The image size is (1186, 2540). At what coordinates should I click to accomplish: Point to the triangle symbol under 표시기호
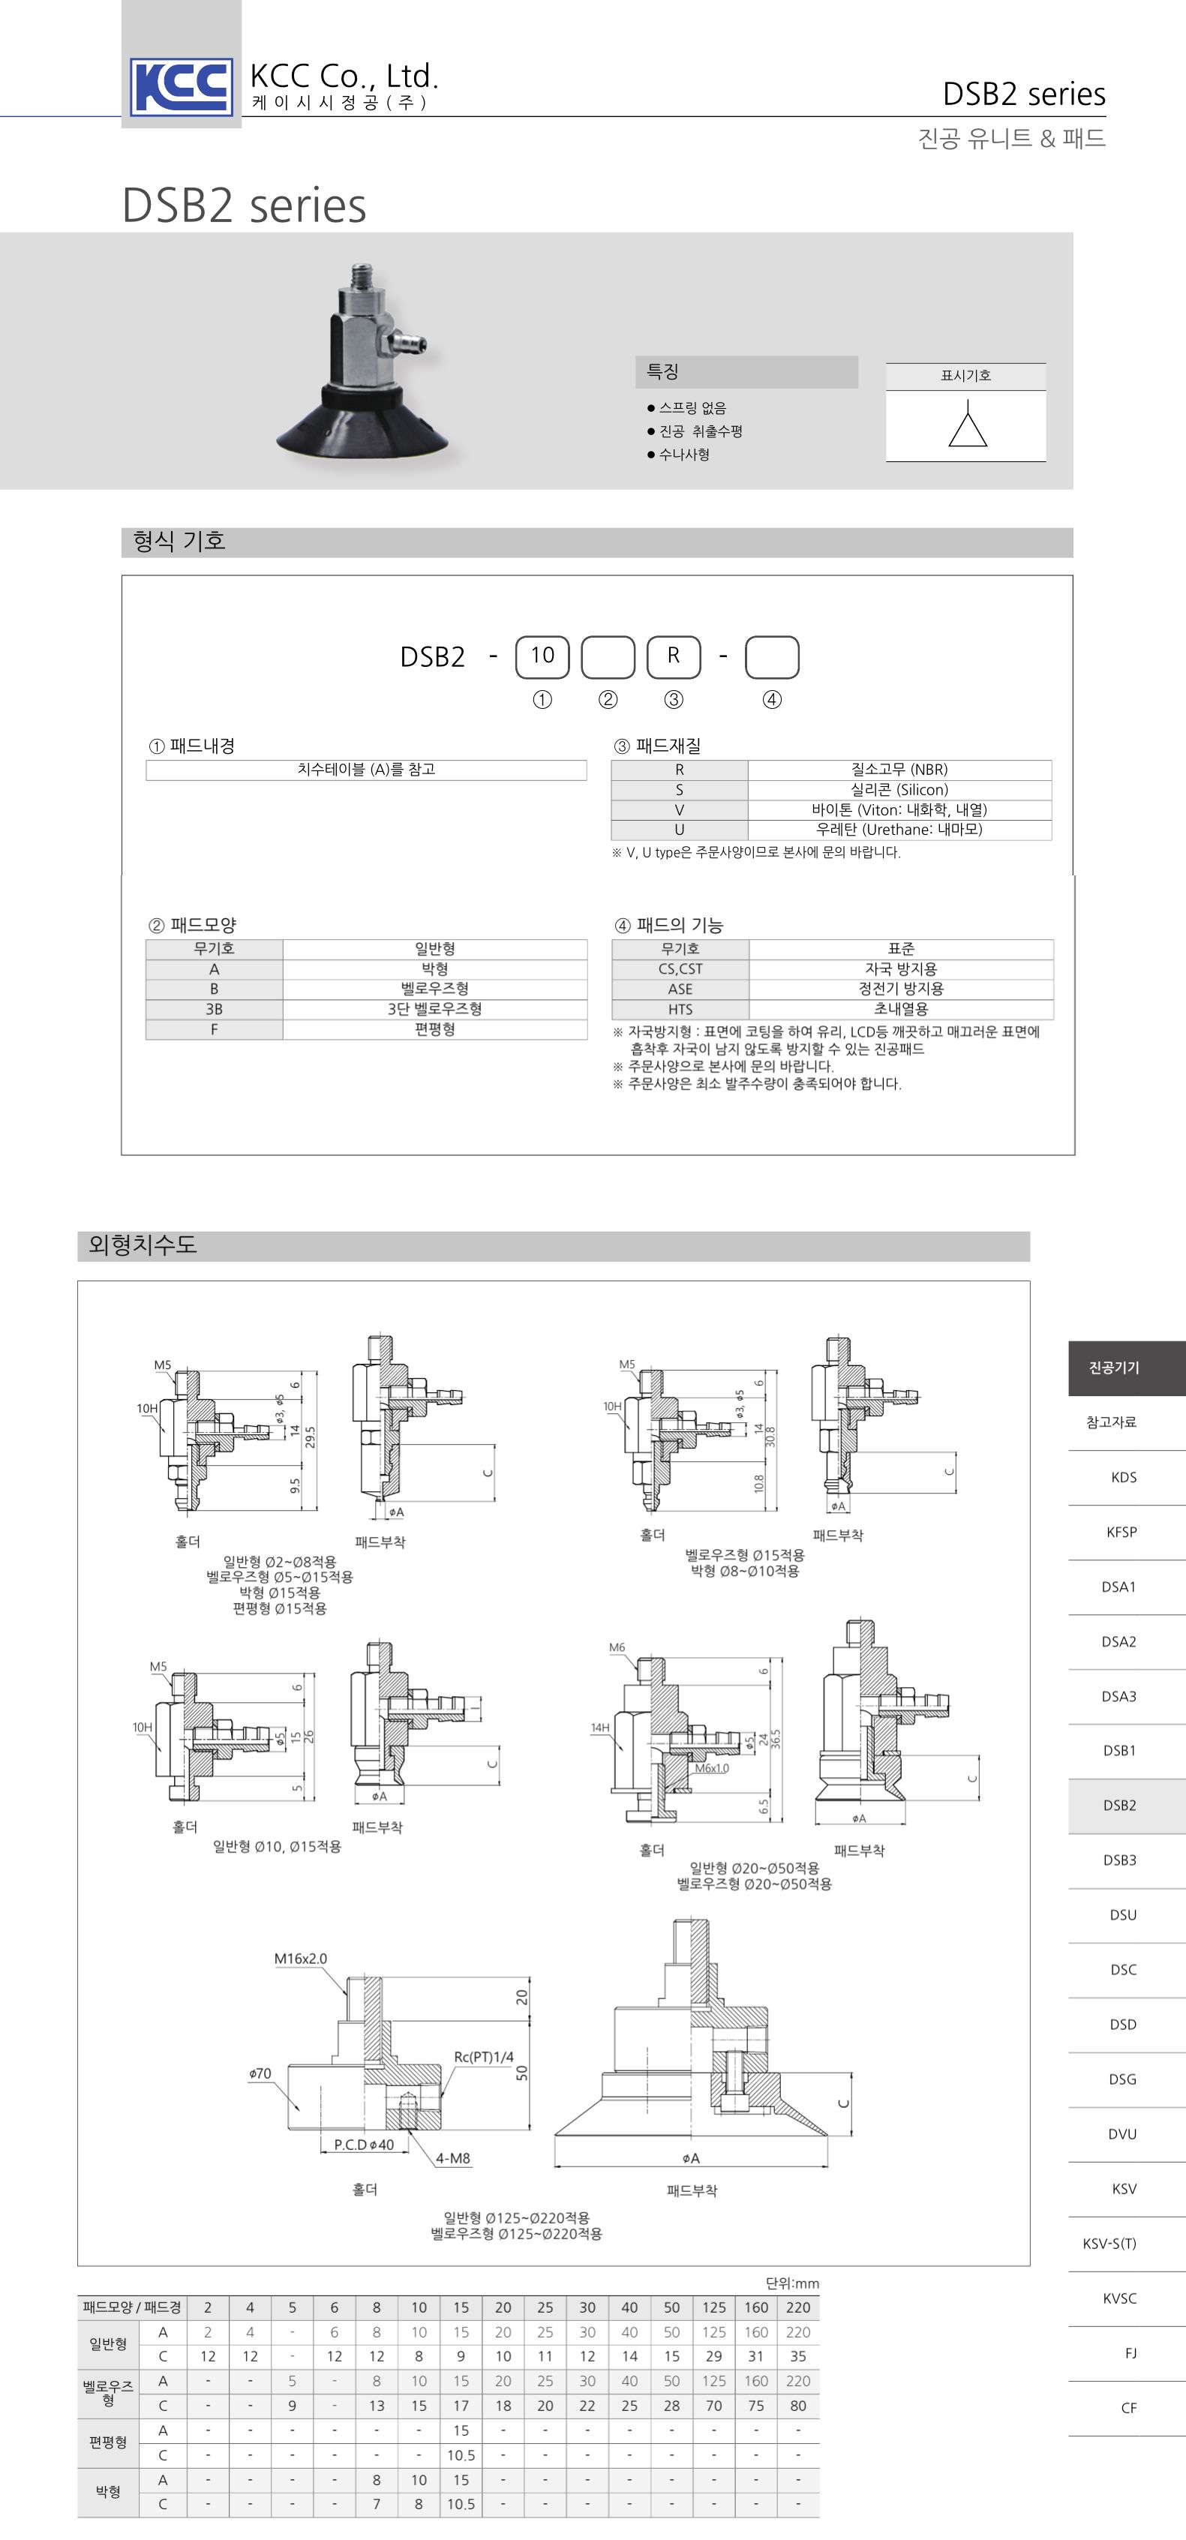pos(967,429)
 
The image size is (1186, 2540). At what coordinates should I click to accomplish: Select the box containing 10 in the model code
pos(542,656)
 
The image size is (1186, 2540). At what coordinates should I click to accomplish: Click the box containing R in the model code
pos(674,656)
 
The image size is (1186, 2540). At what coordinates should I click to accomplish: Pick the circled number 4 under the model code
pos(772,699)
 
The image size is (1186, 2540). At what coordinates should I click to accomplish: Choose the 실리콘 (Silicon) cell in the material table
pos(899,790)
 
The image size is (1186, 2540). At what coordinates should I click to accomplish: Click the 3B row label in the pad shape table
pos(214,1009)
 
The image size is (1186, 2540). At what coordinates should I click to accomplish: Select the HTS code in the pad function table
pos(680,1009)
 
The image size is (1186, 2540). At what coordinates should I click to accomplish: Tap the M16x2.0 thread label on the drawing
pos(301,1957)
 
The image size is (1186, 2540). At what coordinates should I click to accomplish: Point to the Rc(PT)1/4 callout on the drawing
pos(483,2057)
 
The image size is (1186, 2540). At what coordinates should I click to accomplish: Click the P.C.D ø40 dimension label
pos(364,2145)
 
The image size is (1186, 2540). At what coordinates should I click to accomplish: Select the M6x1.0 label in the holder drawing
pos(712,1768)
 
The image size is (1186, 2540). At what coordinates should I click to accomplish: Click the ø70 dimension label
pos(260,2073)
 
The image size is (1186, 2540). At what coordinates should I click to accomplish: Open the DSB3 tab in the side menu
pos(1119,1860)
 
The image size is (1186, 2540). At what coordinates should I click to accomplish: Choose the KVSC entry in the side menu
pos(1119,2298)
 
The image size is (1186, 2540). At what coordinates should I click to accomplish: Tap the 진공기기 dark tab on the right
pos(1114,1368)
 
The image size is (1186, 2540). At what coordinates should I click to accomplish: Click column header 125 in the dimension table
pos(713,2307)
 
